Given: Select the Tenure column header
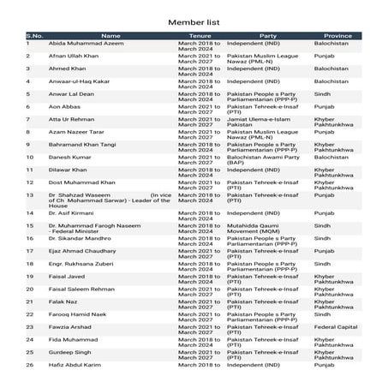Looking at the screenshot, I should tap(200, 36).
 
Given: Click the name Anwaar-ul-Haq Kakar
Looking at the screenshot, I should tap(81, 81).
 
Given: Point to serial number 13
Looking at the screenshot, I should tap(29, 195).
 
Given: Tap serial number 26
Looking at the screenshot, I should tap(29, 365).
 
